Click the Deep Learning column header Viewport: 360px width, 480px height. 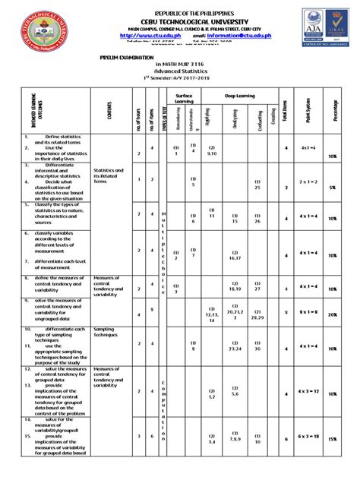tap(239, 96)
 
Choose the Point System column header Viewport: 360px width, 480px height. tap(308, 115)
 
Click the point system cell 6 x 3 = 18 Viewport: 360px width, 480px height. tap(308, 438)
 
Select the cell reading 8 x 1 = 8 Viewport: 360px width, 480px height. tap(308, 311)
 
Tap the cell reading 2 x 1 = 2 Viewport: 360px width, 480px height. tap(308, 182)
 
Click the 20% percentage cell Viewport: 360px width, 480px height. tap(332, 314)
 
